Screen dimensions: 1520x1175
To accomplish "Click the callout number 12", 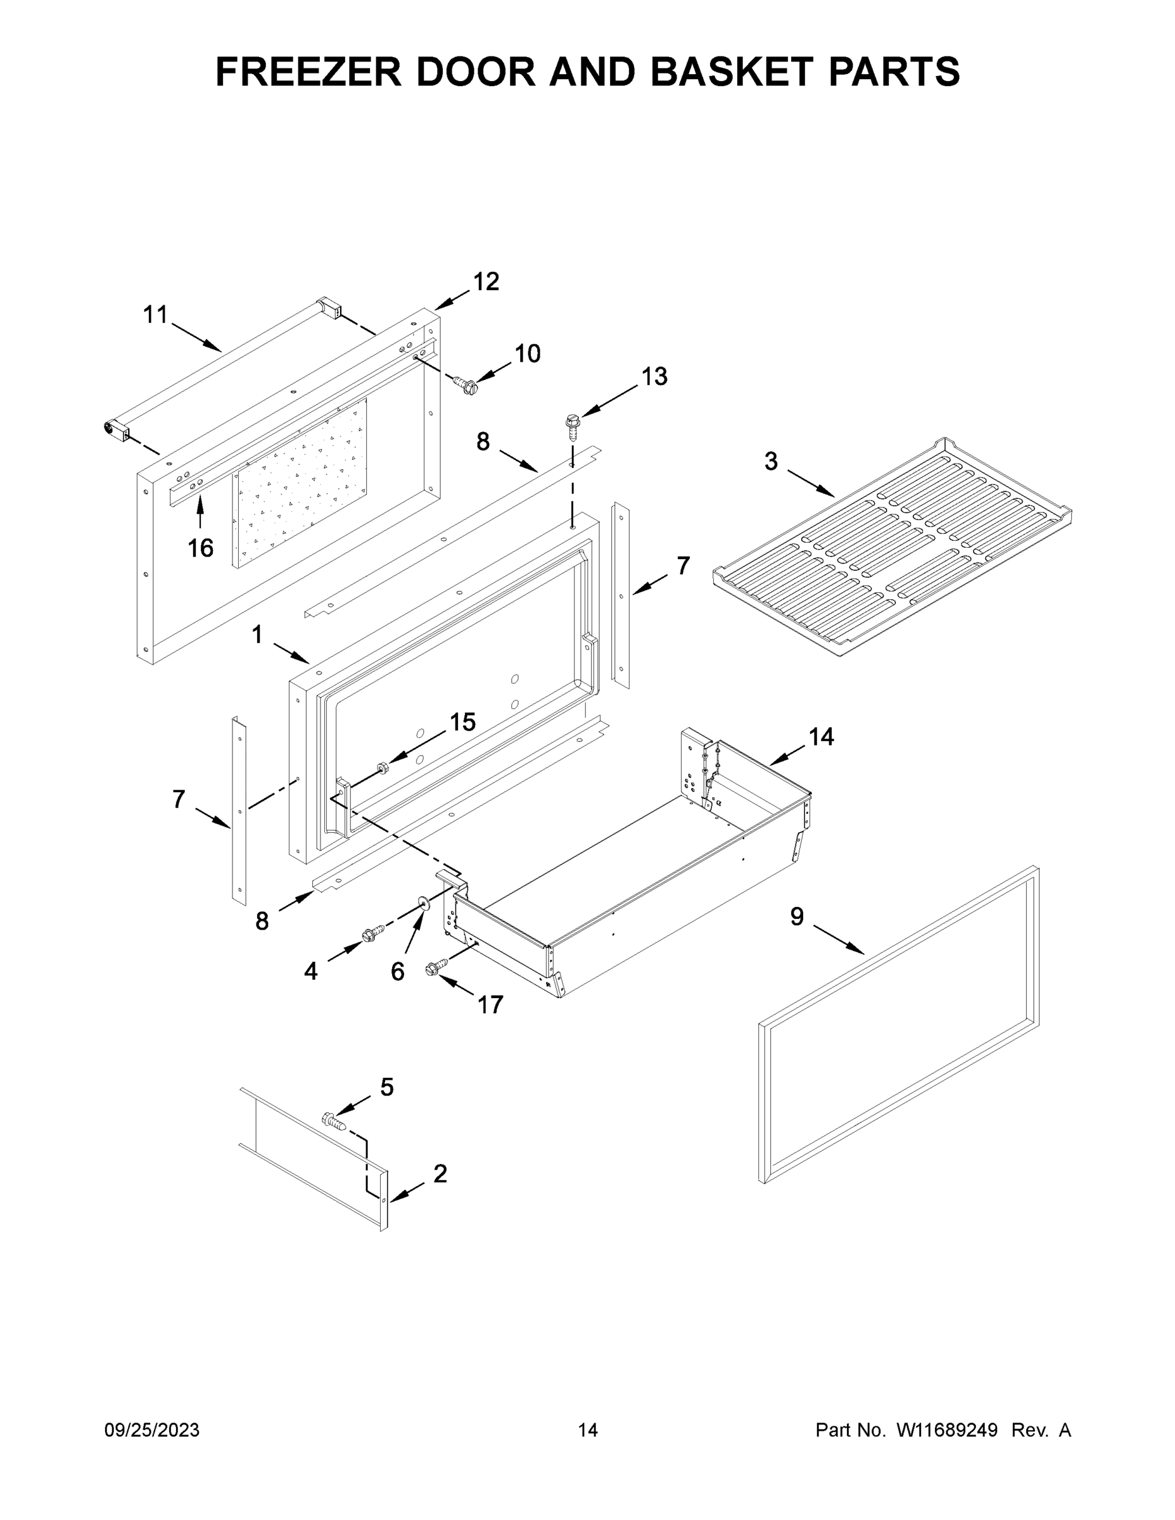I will pos(486,282).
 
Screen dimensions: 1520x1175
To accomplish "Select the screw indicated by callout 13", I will pos(573,428).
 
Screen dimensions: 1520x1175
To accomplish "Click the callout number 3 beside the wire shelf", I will pos(771,462).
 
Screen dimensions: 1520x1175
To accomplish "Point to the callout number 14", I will pos(822,737).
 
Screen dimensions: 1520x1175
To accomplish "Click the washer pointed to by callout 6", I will pos(422,903).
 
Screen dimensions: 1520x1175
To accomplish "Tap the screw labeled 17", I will pos(436,967).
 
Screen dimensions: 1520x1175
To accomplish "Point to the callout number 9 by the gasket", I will pos(796,916).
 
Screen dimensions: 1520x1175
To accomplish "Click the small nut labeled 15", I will pos(382,768).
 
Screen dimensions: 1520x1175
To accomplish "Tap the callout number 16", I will pos(200,548).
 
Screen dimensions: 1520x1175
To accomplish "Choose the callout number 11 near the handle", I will pos(155,315).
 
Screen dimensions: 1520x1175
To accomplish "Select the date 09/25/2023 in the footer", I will pos(152,1430).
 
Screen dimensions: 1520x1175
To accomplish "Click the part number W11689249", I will pos(947,1430).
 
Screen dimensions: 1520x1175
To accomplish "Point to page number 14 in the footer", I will pos(588,1430).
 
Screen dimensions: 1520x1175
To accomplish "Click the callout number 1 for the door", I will pos(257,635).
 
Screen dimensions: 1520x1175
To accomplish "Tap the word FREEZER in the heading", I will pos(308,71).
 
